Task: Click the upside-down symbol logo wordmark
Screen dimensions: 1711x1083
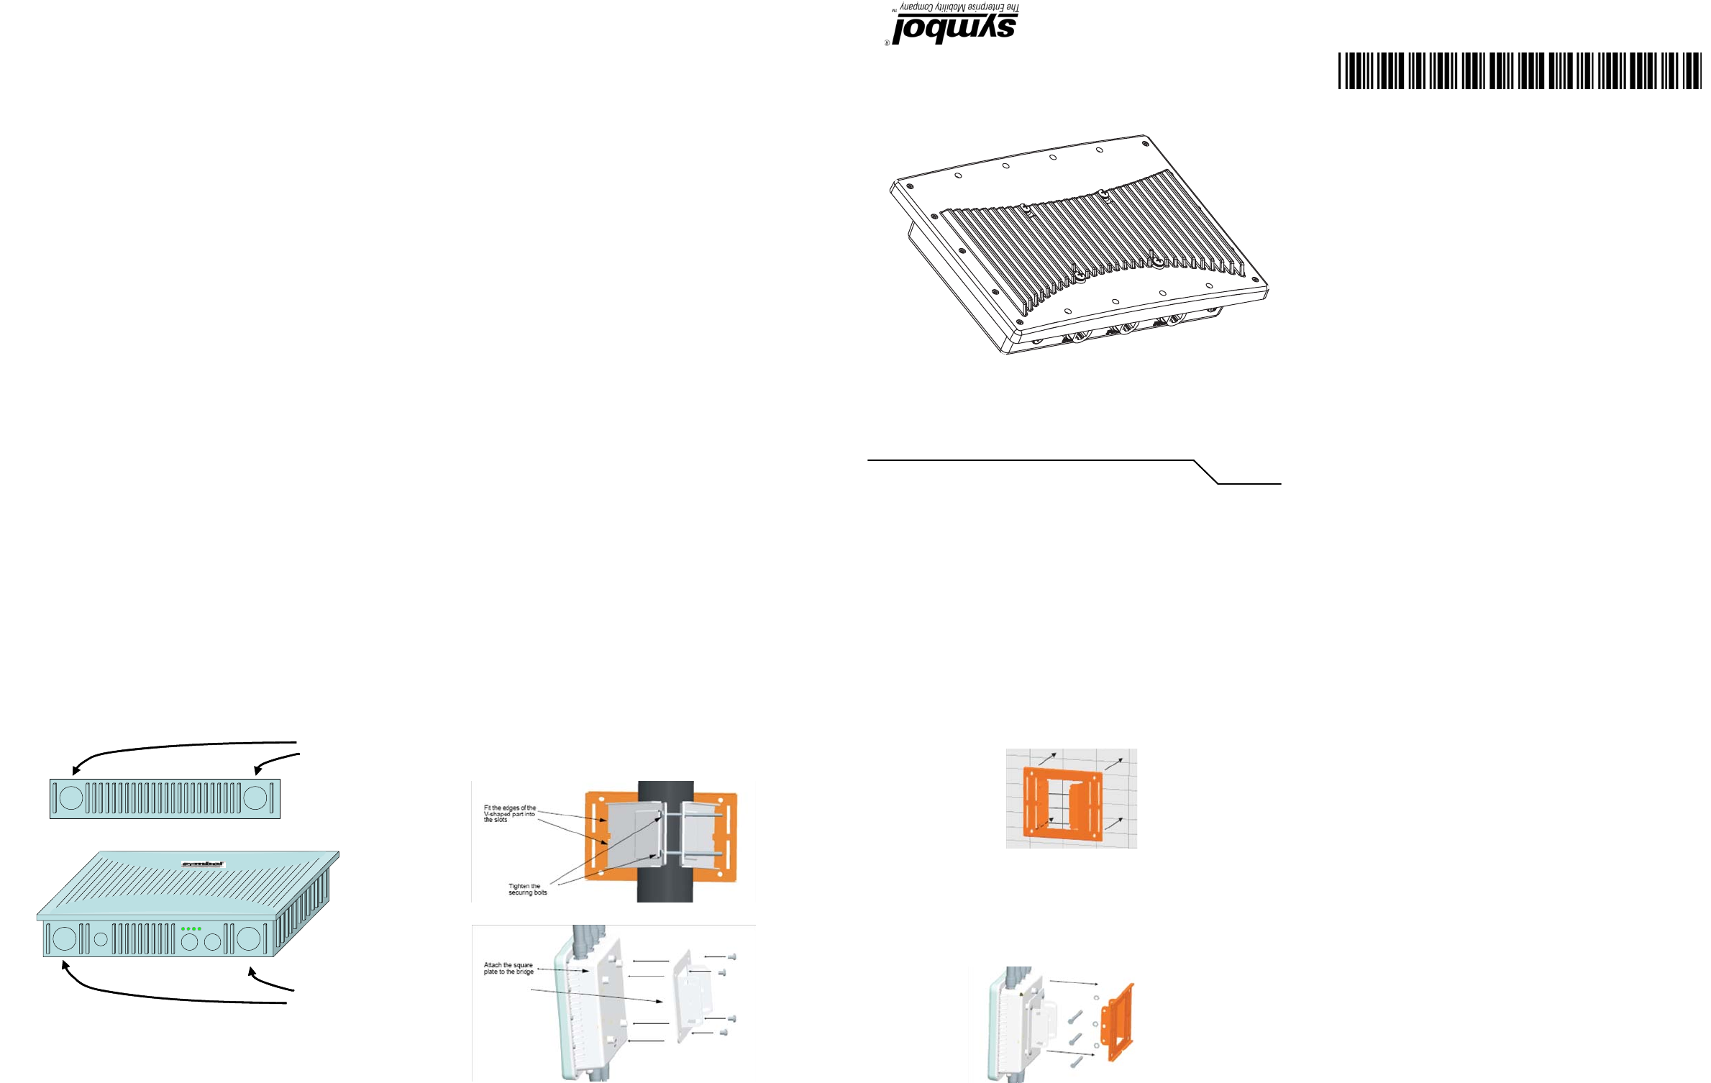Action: [954, 29]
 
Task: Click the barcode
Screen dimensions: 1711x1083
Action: [1519, 70]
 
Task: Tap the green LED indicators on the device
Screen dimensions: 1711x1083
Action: [191, 928]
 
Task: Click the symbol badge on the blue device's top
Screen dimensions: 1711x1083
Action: [203, 864]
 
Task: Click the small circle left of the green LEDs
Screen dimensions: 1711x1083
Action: [101, 938]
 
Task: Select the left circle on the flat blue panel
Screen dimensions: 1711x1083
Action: [70, 798]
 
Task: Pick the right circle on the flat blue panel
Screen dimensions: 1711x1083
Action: [256, 798]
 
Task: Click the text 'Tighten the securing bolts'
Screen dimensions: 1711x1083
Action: [527, 890]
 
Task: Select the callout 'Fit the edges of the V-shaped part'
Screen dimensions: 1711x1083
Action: [509, 813]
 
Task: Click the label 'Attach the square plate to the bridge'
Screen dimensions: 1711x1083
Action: [508, 968]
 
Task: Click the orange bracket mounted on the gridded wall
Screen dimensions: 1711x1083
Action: [1062, 803]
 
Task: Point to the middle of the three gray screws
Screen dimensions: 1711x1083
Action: [1076, 1040]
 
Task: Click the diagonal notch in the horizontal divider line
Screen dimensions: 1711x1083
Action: [1205, 472]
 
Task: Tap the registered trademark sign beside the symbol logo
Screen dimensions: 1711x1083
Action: [888, 42]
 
